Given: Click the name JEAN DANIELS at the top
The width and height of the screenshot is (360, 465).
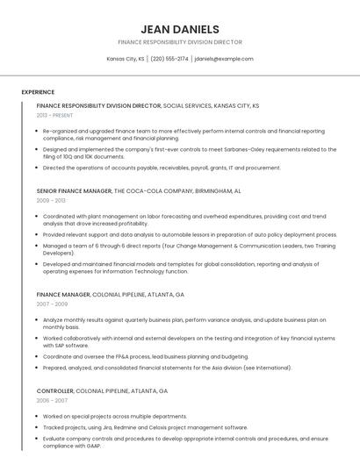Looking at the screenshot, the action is click(x=180, y=29).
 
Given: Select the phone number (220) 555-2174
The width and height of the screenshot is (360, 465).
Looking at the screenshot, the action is click(x=169, y=59).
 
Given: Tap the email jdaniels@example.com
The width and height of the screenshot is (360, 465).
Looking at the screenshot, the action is click(x=224, y=59).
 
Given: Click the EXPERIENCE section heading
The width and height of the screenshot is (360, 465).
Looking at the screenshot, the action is click(x=38, y=91).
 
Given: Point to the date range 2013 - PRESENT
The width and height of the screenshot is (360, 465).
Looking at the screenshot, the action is click(x=54, y=115).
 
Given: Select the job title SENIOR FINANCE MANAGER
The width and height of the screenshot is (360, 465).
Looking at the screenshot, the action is click(x=74, y=190).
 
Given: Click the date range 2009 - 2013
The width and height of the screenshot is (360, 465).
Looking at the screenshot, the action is click(x=51, y=200).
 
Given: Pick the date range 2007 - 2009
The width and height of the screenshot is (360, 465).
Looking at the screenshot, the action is click(x=52, y=304).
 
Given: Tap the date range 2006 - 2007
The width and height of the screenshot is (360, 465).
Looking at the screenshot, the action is click(x=52, y=400).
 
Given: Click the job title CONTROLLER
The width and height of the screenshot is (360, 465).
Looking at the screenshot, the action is click(x=54, y=390).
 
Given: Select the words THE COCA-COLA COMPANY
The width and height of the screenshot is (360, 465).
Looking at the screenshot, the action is click(x=153, y=190).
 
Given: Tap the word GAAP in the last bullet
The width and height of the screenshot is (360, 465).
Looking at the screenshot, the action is click(x=93, y=446).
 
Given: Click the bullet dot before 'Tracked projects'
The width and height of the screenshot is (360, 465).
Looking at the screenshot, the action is click(x=37, y=427).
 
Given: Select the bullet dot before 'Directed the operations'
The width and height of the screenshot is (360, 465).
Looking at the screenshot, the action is click(x=37, y=168).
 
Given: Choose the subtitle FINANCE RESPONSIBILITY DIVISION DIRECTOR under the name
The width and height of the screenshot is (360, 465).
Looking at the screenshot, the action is click(x=180, y=42).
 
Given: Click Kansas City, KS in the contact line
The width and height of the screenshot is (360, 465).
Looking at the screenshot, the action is click(x=126, y=59).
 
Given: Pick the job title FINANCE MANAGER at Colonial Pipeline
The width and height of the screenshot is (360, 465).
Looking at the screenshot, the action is click(x=63, y=295).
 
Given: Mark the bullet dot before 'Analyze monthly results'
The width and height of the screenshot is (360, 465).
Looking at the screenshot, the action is click(x=37, y=320).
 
